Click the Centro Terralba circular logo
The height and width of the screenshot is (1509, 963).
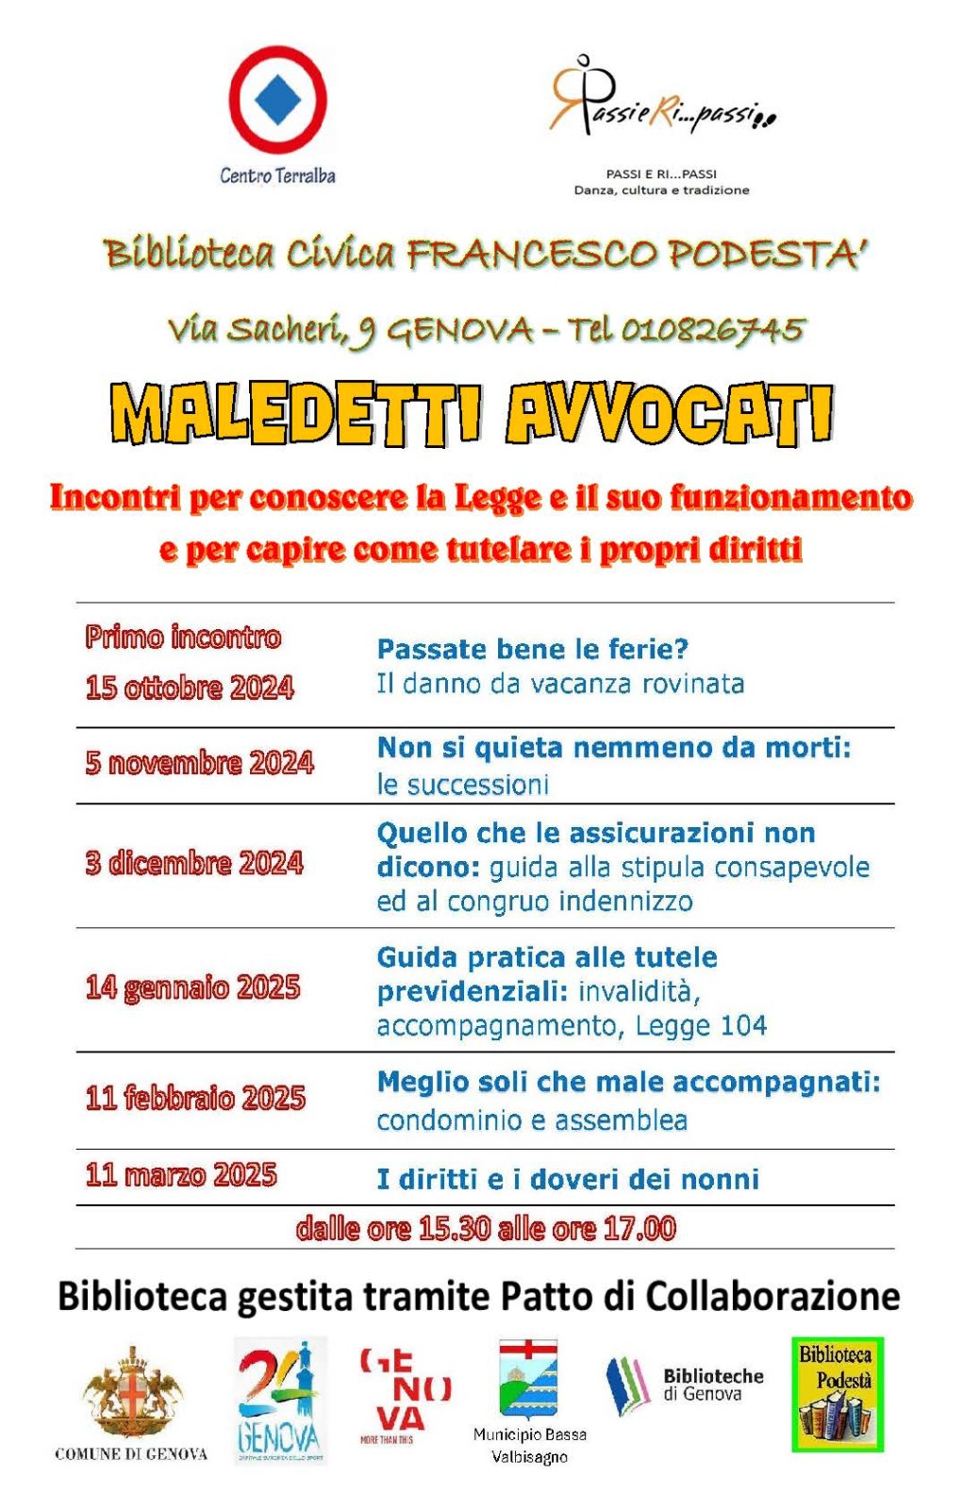pyautogui.click(x=277, y=100)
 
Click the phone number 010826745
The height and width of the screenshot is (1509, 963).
pyautogui.click(x=712, y=330)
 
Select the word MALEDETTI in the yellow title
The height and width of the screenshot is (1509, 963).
pyautogui.click(x=295, y=415)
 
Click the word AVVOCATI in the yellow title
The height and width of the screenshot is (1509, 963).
pyautogui.click(x=670, y=415)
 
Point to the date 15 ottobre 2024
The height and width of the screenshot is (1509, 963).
pyautogui.click(x=190, y=688)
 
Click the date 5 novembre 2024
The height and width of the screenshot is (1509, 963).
pyautogui.click(x=199, y=762)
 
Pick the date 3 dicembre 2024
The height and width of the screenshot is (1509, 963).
pyautogui.click(x=194, y=863)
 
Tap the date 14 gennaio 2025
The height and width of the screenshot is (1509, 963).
pyautogui.click(x=192, y=987)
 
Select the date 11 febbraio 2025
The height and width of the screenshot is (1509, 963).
pyautogui.click(x=195, y=1098)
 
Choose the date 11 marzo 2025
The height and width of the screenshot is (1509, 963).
pyautogui.click(x=181, y=1175)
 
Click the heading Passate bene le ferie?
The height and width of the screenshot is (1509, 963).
pyautogui.click(x=533, y=649)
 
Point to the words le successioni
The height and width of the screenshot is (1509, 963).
pyautogui.click(x=462, y=785)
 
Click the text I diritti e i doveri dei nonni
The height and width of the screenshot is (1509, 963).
pyautogui.click(x=568, y=1179)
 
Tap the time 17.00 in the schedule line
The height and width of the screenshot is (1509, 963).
pyautogui.click(x=640, y=1228)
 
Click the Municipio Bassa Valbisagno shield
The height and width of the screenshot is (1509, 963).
pyautogui.click(x=528, y=1381)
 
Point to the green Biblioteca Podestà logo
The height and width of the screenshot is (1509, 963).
pyautogui.click(x=837, y=1394)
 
